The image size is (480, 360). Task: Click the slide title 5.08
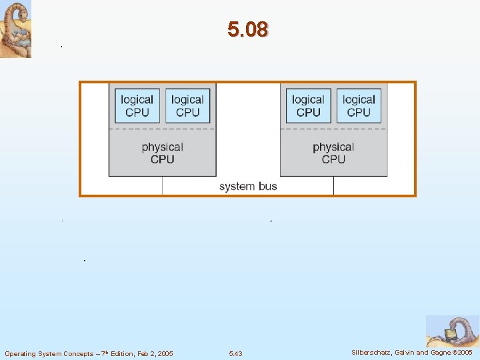[x=247, y=29]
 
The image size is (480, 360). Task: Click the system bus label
[x=248, y=186]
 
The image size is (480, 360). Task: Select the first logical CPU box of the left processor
[x=137, y=105]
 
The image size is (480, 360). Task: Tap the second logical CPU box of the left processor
[x=187, y=105]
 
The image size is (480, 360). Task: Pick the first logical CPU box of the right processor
[x=308, y=105]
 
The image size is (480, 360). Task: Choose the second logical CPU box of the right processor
[x=359, y=105]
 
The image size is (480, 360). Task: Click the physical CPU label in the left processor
[x=162, y=153]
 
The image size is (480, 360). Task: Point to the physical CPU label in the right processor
[x=333, y=153]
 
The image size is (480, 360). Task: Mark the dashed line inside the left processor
[x=162, y=128]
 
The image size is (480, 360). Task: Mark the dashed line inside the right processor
[x=333, y=128]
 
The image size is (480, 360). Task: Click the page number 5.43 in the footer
[x=235, y=353]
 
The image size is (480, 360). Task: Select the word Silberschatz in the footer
[x=370, y=352]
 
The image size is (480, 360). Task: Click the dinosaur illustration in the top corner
[x=15, y=29]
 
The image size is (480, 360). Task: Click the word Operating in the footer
[x=20, y=353]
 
